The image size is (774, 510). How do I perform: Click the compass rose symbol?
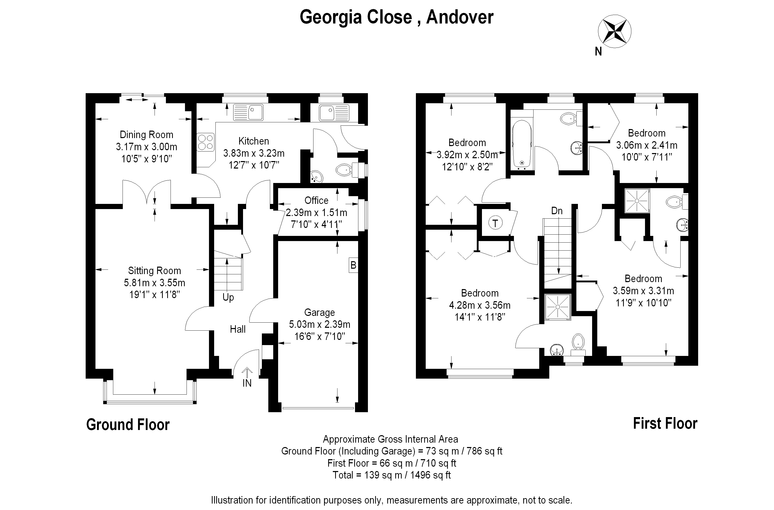pos(614,31)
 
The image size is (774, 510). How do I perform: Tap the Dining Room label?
pos(146,135)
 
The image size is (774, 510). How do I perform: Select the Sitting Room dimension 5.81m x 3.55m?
pos(155,283)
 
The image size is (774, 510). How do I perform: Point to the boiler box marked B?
pos(353,265)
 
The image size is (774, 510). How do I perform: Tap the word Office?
pos(316,200)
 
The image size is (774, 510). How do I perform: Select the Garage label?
pos(319,313)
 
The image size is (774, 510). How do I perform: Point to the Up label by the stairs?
pos(228,297)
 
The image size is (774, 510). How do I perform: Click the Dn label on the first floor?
pos(557,211)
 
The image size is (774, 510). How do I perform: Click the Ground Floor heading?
pos(128,425)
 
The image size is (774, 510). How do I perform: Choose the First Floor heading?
pos(665,424)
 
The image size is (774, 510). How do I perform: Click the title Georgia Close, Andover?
pos(397,17)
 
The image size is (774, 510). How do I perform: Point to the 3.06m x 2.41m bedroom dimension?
pos(647,145)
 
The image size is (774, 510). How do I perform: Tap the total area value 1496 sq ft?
pos(431,475)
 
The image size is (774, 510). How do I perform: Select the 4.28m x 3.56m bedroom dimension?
pos(480,305)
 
